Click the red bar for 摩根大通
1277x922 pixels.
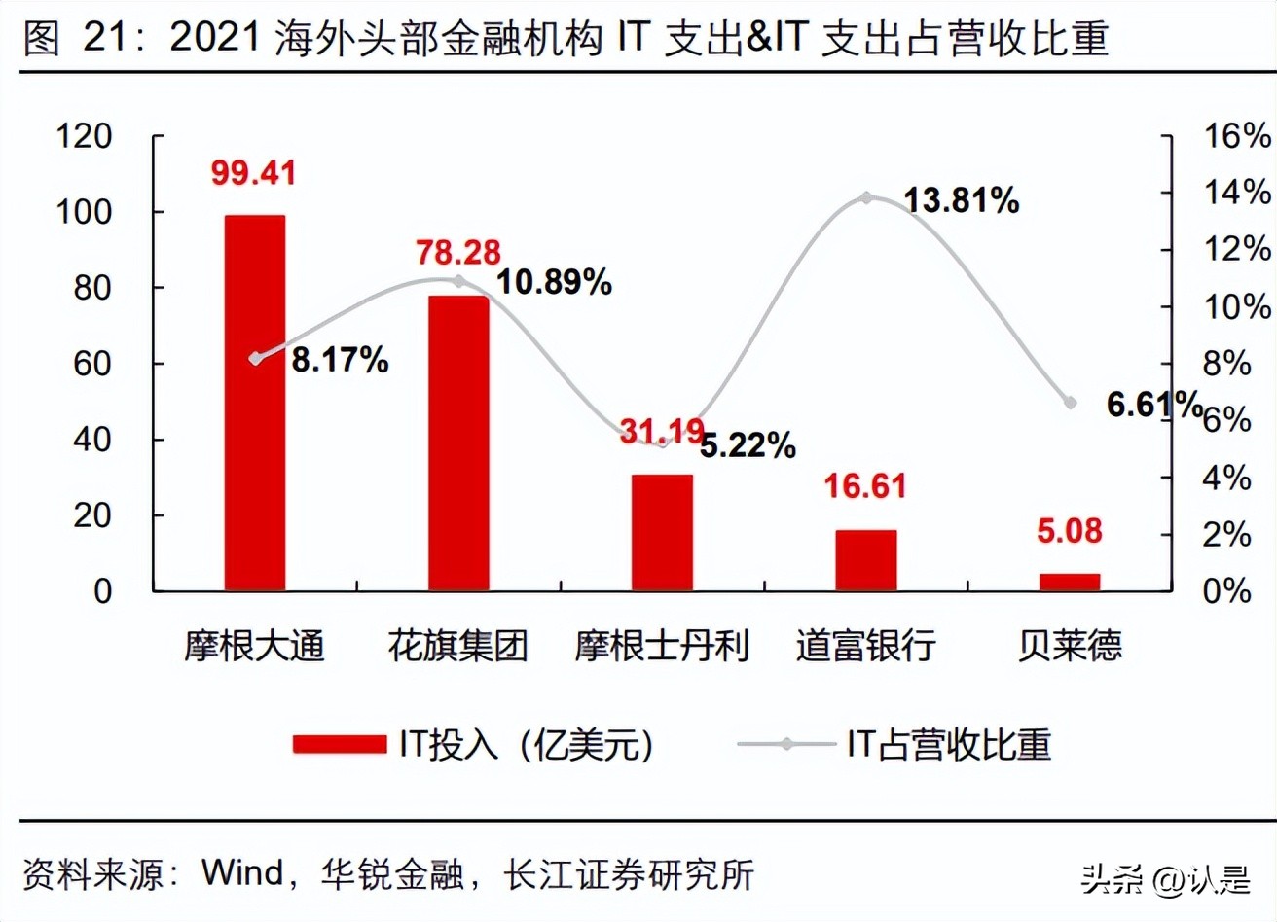(x=255, y=403)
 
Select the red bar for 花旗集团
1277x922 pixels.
(x=458, y=443)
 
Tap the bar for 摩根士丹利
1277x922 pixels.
(x=662, y=532)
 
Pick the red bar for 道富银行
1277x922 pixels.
(x=865, y=560)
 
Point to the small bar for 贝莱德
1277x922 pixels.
(x=1069, y=582)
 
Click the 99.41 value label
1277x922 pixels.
(x=253, y=173)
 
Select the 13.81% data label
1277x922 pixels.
(x=961, y=201)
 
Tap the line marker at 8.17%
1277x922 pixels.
(x=256, y=359)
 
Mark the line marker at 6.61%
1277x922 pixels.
(x=1070, y=403)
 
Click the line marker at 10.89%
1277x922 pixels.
(x=459, y=281)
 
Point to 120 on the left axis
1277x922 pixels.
(x=84, y=136)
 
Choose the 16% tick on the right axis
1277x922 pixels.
(x=1237, y=136)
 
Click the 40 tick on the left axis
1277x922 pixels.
(x=92, y=440)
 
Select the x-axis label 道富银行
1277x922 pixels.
(x=865, y=646)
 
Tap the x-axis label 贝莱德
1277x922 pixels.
(x=1069, y=646)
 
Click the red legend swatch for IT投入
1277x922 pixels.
(x=339, y=745)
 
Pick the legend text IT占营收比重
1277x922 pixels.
(x=948, y=745)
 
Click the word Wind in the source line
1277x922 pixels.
(x=241, y=872)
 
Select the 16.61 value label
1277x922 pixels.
(x=864, y=485)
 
